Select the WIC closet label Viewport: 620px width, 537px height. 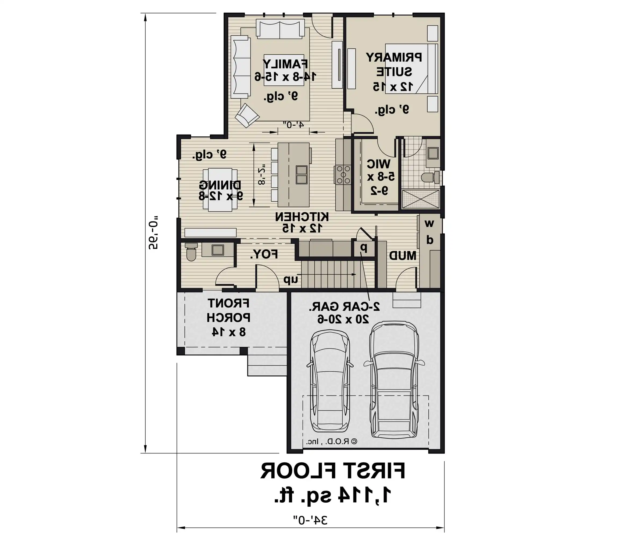tap(379, 164)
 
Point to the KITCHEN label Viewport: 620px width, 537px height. tap(302, 217)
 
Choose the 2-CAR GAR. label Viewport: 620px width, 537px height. tap(344, 307)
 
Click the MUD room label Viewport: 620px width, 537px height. tap(403, 256)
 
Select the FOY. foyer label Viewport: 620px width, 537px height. tap(264, 255)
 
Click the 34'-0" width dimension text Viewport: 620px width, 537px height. tap(310, 520)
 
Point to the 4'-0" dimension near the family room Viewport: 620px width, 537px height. tap(293, 125)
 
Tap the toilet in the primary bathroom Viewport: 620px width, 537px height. tap(431, 177)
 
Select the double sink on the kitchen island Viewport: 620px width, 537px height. tap(302, 175)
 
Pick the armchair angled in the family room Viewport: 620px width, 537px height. tap(247, 115)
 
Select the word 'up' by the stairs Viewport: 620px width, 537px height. tap(291, 280)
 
